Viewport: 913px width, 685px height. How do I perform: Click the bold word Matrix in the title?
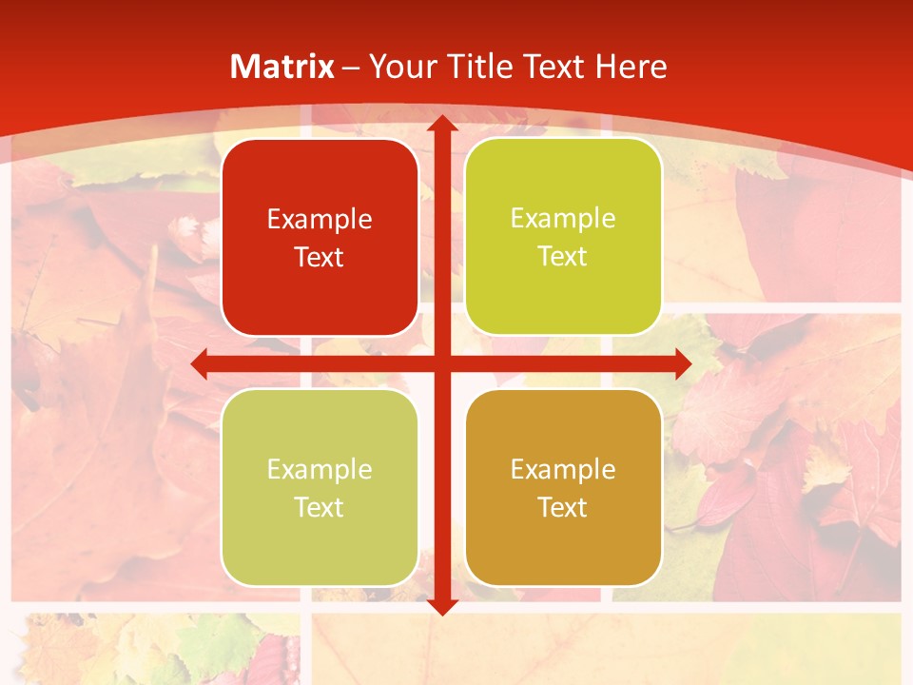(x=282, y=67)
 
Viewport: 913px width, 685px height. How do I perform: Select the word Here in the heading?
(x=631, y=67)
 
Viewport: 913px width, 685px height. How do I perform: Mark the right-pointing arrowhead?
(x=682, y=363)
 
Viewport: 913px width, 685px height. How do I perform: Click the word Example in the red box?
(x=320, y=220)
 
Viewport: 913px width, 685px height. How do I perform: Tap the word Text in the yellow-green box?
(x=562, y=257)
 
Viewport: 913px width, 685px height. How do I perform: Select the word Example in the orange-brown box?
(x=563, y=469)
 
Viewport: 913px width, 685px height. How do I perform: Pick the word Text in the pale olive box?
(x=319, y=507)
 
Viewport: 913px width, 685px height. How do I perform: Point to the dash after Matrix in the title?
(x=351, y=68)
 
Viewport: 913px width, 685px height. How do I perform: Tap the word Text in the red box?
(x=319, y=258)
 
